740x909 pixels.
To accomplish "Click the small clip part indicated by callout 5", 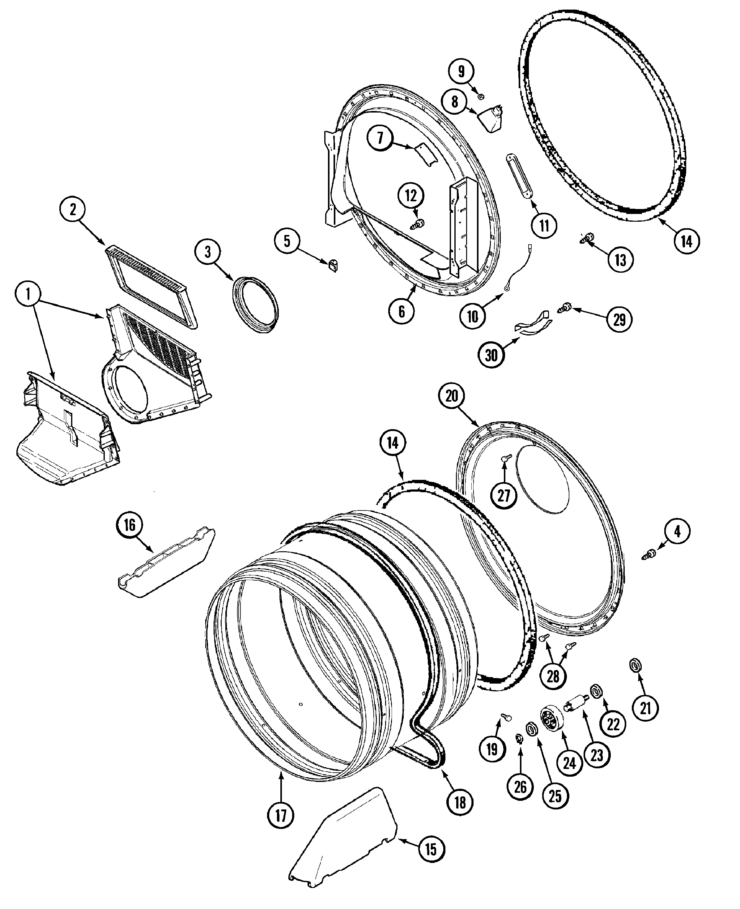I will coord(333,265).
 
